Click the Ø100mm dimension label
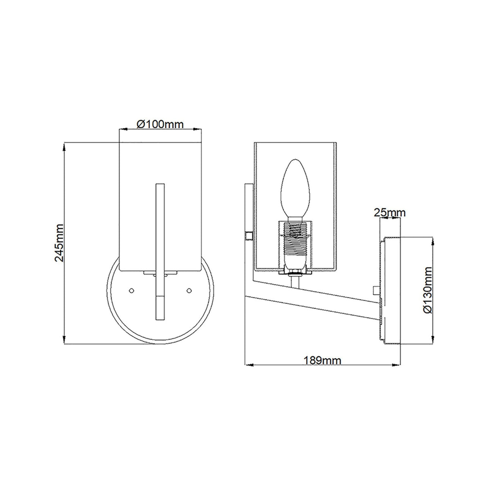coord(160,125)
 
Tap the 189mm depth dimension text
coord(322,360)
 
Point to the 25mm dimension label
coord(390,213)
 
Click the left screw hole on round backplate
coord(131,290)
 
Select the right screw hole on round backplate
coord(189,290)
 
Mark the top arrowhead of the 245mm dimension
coord(65,147)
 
